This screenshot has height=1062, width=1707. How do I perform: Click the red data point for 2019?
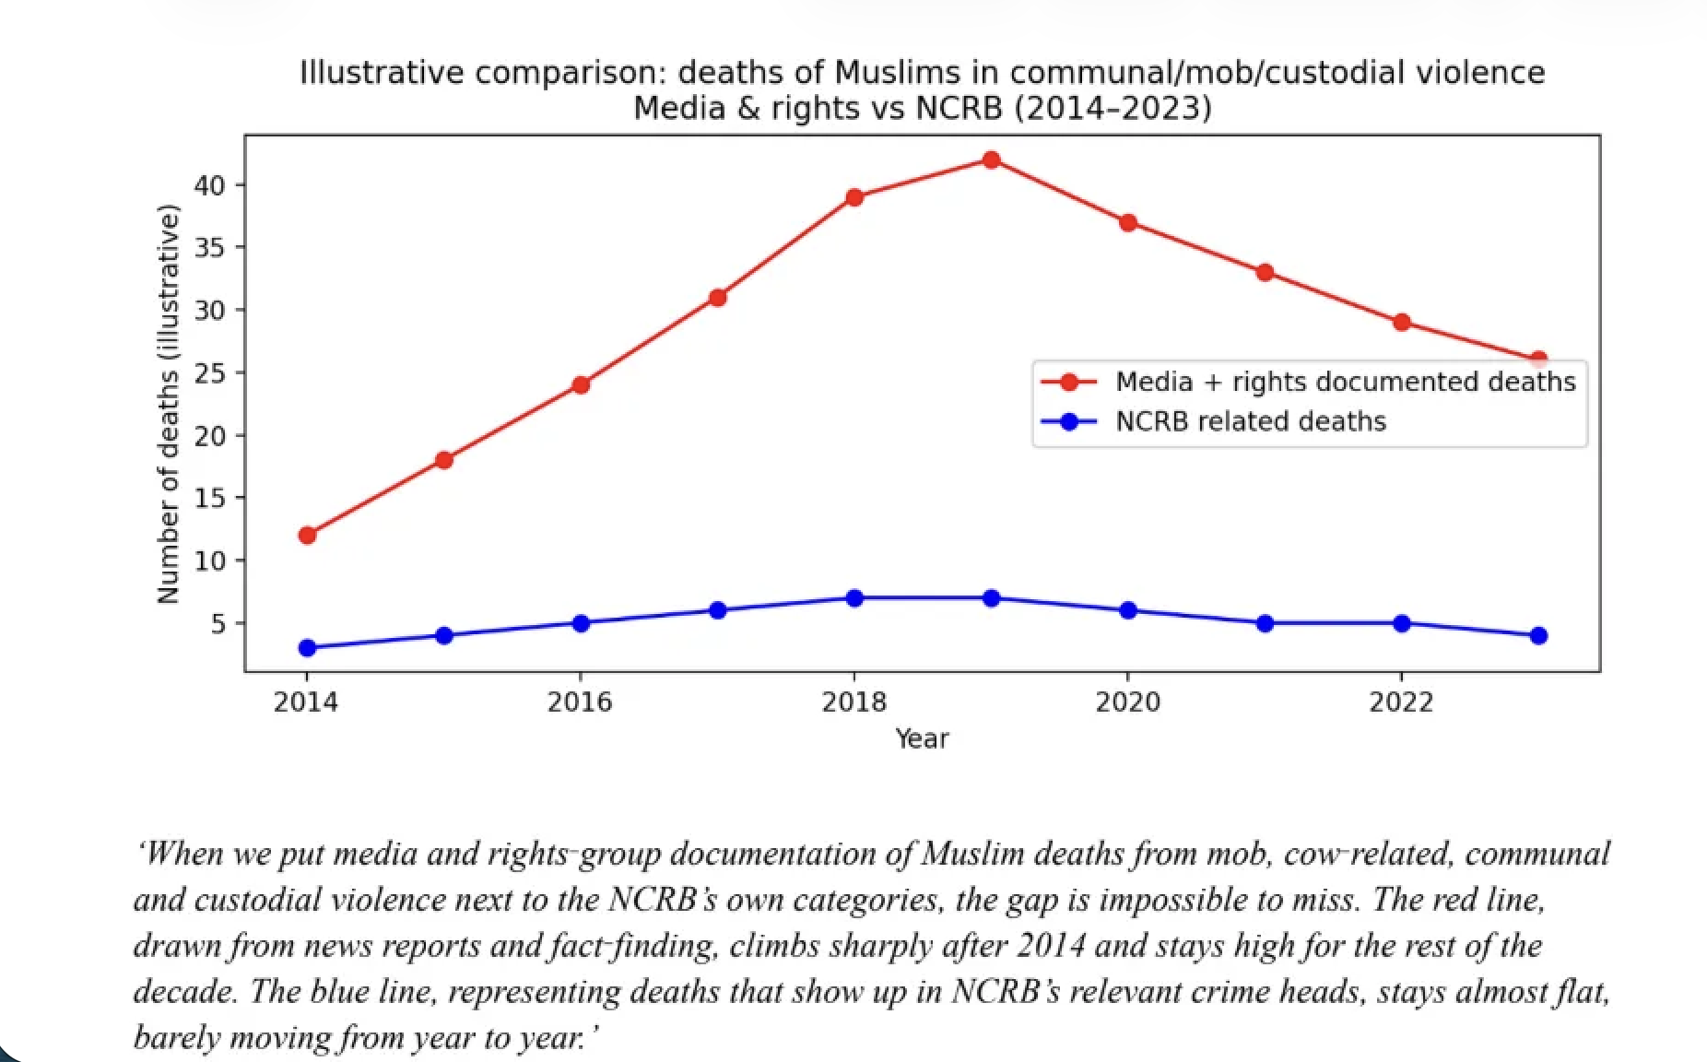point(991,160)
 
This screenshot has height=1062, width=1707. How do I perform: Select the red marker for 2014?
point(308,536)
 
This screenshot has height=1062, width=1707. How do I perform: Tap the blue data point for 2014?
point(308,648)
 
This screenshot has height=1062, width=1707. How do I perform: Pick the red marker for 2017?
point(718,298)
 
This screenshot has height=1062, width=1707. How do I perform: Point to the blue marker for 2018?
point(854,598)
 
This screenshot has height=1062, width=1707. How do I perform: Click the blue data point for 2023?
point(1538,636)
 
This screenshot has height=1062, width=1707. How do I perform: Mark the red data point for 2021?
point(1265,273)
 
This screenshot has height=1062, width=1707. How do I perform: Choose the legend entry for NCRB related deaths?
point(1250,421)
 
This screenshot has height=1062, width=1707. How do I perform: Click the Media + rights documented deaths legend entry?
point(1345,382)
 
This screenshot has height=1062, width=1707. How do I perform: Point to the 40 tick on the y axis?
point(209,185)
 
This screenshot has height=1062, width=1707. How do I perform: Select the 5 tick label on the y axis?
point(218,624)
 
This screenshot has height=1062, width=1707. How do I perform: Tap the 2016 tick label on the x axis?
point(580,702)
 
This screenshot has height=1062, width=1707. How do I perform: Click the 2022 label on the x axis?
point(1401,702)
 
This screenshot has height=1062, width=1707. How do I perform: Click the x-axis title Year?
point(922,738)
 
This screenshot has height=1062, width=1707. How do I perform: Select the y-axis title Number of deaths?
point(168,406)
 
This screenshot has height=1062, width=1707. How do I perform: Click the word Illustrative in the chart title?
point(382,73)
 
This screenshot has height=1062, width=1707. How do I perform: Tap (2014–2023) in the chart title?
point(1112,109)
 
